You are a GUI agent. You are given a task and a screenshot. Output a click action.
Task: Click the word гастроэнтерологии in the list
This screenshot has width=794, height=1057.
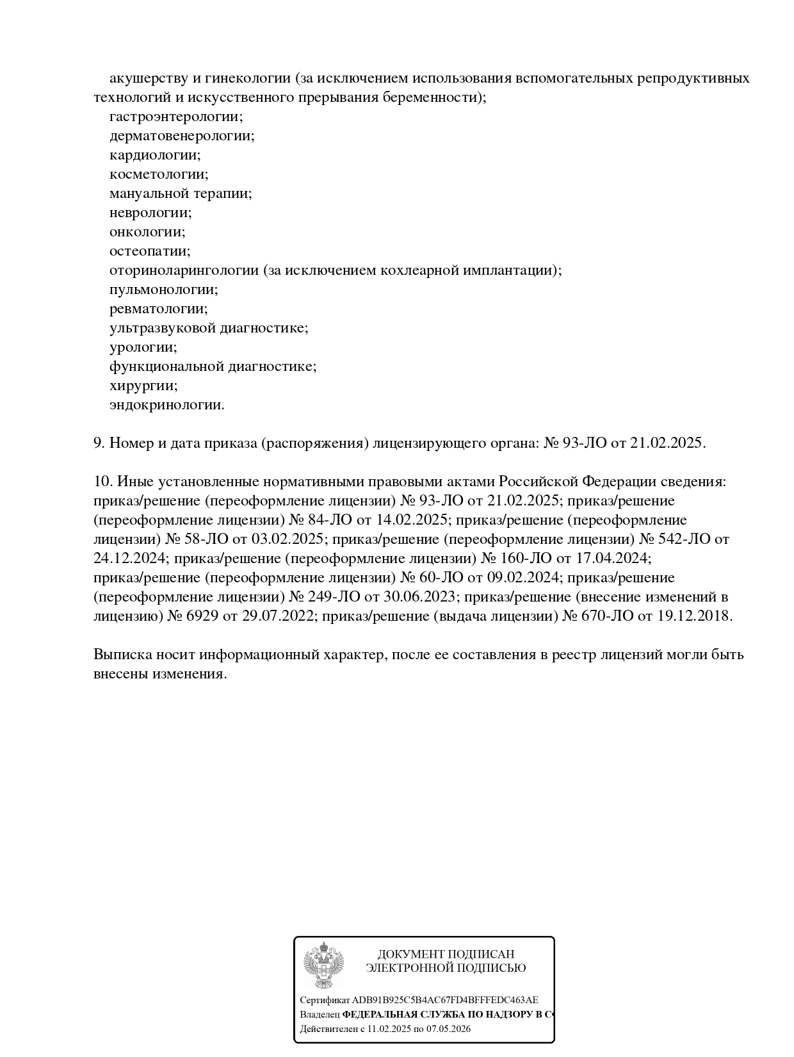[175, 117]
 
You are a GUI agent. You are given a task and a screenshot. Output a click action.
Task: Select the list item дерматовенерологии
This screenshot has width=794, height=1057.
[181, 136]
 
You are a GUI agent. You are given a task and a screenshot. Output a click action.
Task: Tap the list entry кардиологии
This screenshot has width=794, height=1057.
[154, 156]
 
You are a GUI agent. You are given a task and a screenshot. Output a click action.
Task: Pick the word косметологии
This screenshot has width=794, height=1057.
[158, 175]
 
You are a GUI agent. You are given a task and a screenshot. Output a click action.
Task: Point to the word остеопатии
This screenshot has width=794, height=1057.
[150, 252]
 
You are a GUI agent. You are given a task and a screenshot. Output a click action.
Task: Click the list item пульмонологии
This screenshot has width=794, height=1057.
[163, 290]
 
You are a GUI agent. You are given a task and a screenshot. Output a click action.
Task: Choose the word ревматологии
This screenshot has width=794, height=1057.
[158, 309]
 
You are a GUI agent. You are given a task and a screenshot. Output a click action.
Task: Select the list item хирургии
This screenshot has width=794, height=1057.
[143, 386]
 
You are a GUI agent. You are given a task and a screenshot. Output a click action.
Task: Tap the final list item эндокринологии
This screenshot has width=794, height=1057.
[166, 406]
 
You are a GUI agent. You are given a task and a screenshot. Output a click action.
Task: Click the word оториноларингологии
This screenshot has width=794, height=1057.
[184, 271]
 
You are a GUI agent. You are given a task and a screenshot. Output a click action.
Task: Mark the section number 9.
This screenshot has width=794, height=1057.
[99, 443]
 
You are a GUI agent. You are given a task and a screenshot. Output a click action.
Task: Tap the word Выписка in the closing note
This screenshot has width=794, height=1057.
[120, 655]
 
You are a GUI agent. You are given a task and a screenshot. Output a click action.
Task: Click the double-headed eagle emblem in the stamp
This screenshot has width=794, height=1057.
[323, 967]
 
